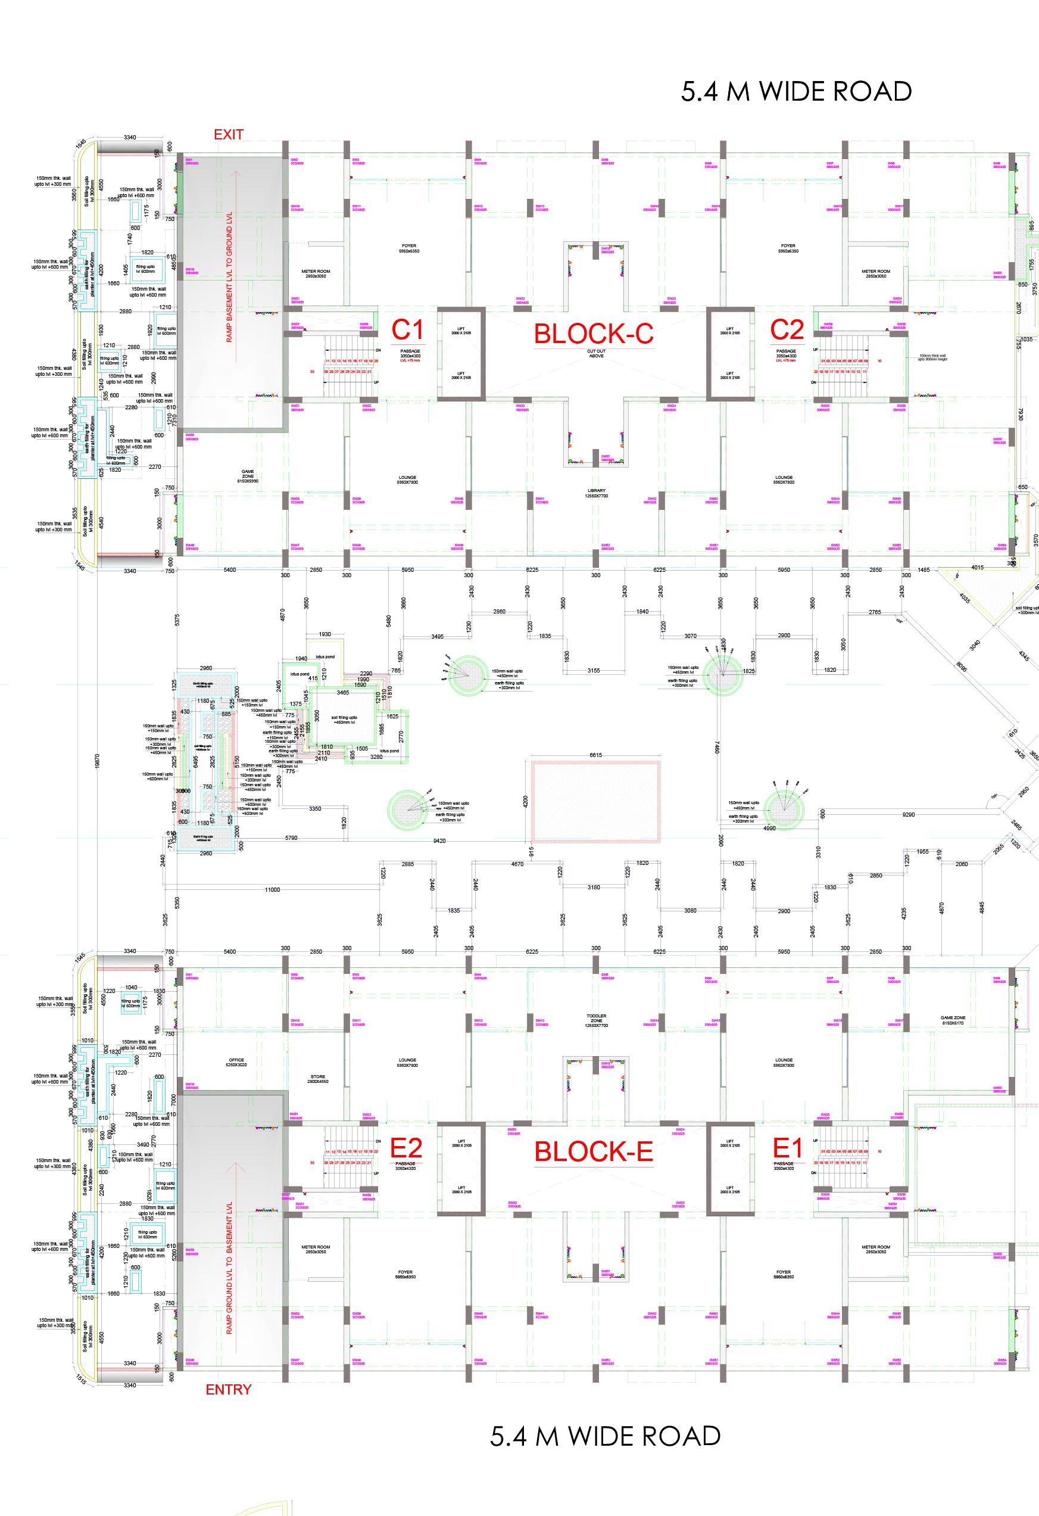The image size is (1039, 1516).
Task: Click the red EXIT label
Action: [x=228, y=135]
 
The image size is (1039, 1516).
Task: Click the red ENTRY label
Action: [x=228, y=1390]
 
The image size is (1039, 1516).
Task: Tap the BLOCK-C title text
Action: [x=593, y=334]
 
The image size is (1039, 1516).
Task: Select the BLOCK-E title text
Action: [x=594, y=1151]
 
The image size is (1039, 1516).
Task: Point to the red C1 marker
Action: [x=408, y=330]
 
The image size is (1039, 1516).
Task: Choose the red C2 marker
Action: [x=787, y=329]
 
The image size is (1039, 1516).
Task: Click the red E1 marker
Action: [x=788, y=1147]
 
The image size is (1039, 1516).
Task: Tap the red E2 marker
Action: [x=405, y=1147]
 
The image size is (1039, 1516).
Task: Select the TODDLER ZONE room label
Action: [x=596, y=1020]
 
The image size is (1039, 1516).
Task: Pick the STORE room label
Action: [x=317, y=1079]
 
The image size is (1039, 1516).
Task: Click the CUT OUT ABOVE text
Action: [x=596, y=354]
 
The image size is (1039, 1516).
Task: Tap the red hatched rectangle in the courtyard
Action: [x=595, y=802]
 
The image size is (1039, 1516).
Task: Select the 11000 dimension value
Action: [x=272, y=889]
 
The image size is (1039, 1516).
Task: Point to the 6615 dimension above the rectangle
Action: [x=595, y=755]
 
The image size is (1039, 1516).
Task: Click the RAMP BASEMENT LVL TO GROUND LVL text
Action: [x=230, y=286]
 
